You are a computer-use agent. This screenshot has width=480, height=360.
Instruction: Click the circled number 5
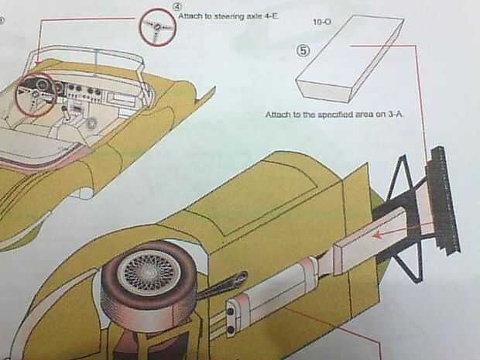[x=303, y=51]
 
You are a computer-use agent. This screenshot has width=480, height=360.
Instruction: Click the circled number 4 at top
[x=177, y=6]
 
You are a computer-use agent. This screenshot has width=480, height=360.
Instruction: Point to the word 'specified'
[x=334, y=115]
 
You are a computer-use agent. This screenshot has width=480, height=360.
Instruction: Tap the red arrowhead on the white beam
[x=378, y=235]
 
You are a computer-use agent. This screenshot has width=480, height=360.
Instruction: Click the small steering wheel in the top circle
[x=158, y=28]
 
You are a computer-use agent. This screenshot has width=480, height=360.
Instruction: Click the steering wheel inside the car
[x=36, y=94]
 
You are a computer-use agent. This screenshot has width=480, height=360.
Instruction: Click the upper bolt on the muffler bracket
[x=231, y=311]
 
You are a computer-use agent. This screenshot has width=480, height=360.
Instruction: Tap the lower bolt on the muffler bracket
[x=231, y=329]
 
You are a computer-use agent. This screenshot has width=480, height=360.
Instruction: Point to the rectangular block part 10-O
[x=349, y=57]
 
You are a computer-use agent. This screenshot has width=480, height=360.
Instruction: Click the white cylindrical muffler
[x=276, y=288]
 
